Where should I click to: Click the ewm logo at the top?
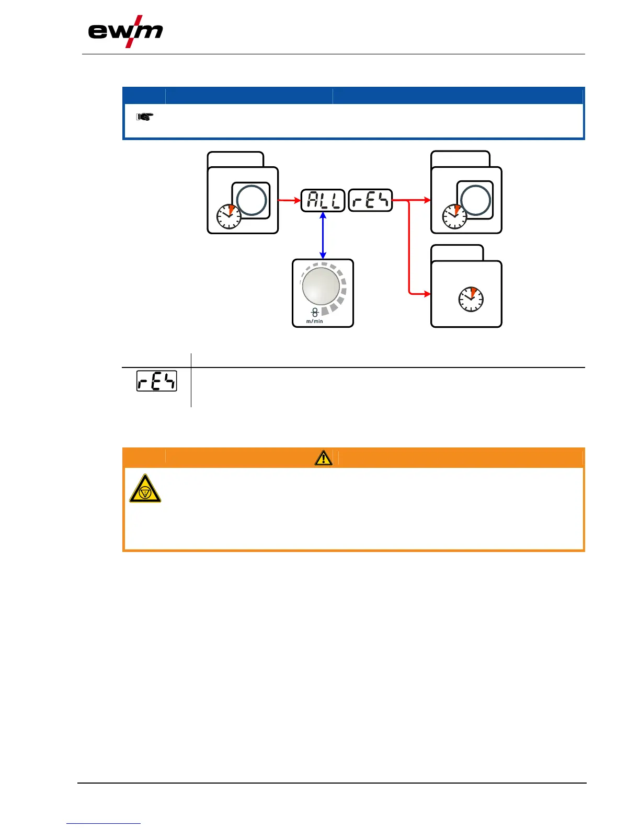125,32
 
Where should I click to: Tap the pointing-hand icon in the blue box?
145,117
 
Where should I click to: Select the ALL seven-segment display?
323,200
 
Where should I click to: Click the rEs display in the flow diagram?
370,200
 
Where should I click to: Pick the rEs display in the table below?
157,381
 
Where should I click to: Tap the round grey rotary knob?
321,285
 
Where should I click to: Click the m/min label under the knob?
315,321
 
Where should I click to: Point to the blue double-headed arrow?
323,235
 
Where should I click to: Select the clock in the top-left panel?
229,216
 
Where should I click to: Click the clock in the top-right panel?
455,216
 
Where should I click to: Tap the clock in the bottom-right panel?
471,300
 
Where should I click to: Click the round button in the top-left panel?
252,200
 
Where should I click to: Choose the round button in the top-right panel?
475,200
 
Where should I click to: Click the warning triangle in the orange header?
324,458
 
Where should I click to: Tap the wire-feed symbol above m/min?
315,313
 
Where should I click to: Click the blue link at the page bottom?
104,824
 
